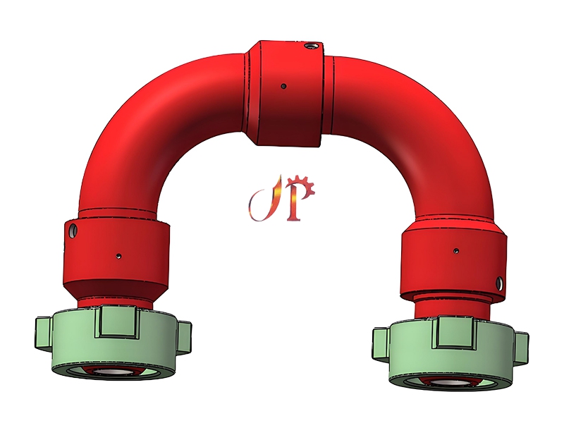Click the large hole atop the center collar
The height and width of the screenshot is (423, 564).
click(x=309, y=47)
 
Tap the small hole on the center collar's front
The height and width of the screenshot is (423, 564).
click(x=283, y=86)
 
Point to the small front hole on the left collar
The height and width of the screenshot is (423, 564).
click(x=118, y=255)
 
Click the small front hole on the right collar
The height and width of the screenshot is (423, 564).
click(x=456, y=250)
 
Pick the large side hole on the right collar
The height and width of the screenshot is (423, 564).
click(x=500, y=283)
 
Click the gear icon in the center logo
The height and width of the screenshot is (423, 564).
click(x=305, y=188)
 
